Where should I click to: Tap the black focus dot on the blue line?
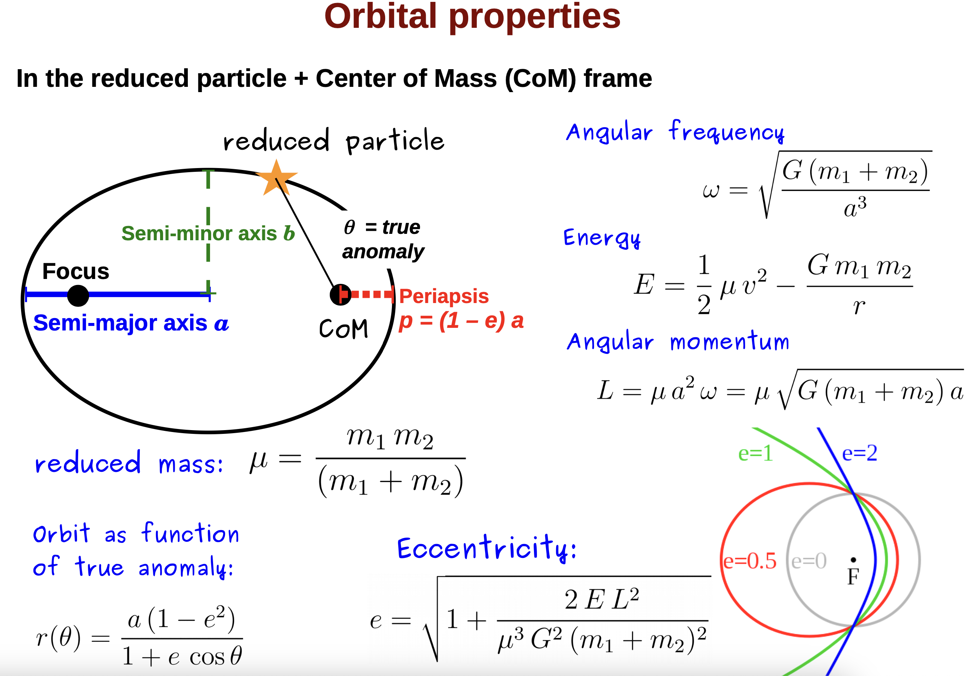pyautogui.click(x=78, y=295)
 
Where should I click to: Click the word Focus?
pyautogui.click(x=76, y=271)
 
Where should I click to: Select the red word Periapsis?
pyautogui.click(x=444, y=296)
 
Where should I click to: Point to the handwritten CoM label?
pyautogui.click(x=343, y=329)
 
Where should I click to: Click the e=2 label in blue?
pyautogui.click(x=859, y=453)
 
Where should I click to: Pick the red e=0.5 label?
pyautogui.click(x=750, y=561)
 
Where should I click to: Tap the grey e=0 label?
pyautogui.click(x=809, y=561)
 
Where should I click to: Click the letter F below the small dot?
pyautogui.click(x=853, y=576)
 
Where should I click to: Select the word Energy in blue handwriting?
pyautogui.click(x=602, y=238)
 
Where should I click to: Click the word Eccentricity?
pyautogui.click(x=486, y=548)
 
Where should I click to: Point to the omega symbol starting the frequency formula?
pyautogui.click(x=711, y=191)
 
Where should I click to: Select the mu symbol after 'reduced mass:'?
pyautogui.click(x=258, y=461)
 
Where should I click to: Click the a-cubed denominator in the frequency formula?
pyautogui.click(x=855, y=207)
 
